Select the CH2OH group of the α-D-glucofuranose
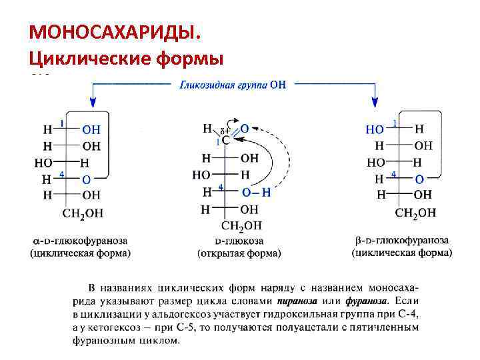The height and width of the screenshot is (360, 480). click(x=83, y=213)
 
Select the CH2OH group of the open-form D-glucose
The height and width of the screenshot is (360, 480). click(x=242, y=225)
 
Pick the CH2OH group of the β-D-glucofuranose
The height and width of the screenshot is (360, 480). click(x=415, y=213)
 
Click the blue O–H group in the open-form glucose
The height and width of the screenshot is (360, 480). click(x=256, y=192)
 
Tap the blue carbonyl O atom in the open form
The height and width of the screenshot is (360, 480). click(x=245, y=128)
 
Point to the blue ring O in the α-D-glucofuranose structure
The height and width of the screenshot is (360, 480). click(x=86, y=179)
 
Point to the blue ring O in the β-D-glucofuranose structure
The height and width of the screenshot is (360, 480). click(x=418, y=178)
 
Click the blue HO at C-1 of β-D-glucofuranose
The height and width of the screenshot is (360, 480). click(x=375, y=129)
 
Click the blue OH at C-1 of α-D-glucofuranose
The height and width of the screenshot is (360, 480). click(x=91, y=129)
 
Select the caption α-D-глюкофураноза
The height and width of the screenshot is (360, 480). click(x=81, y=240)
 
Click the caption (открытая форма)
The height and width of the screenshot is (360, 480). click(x=239, y=253)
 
